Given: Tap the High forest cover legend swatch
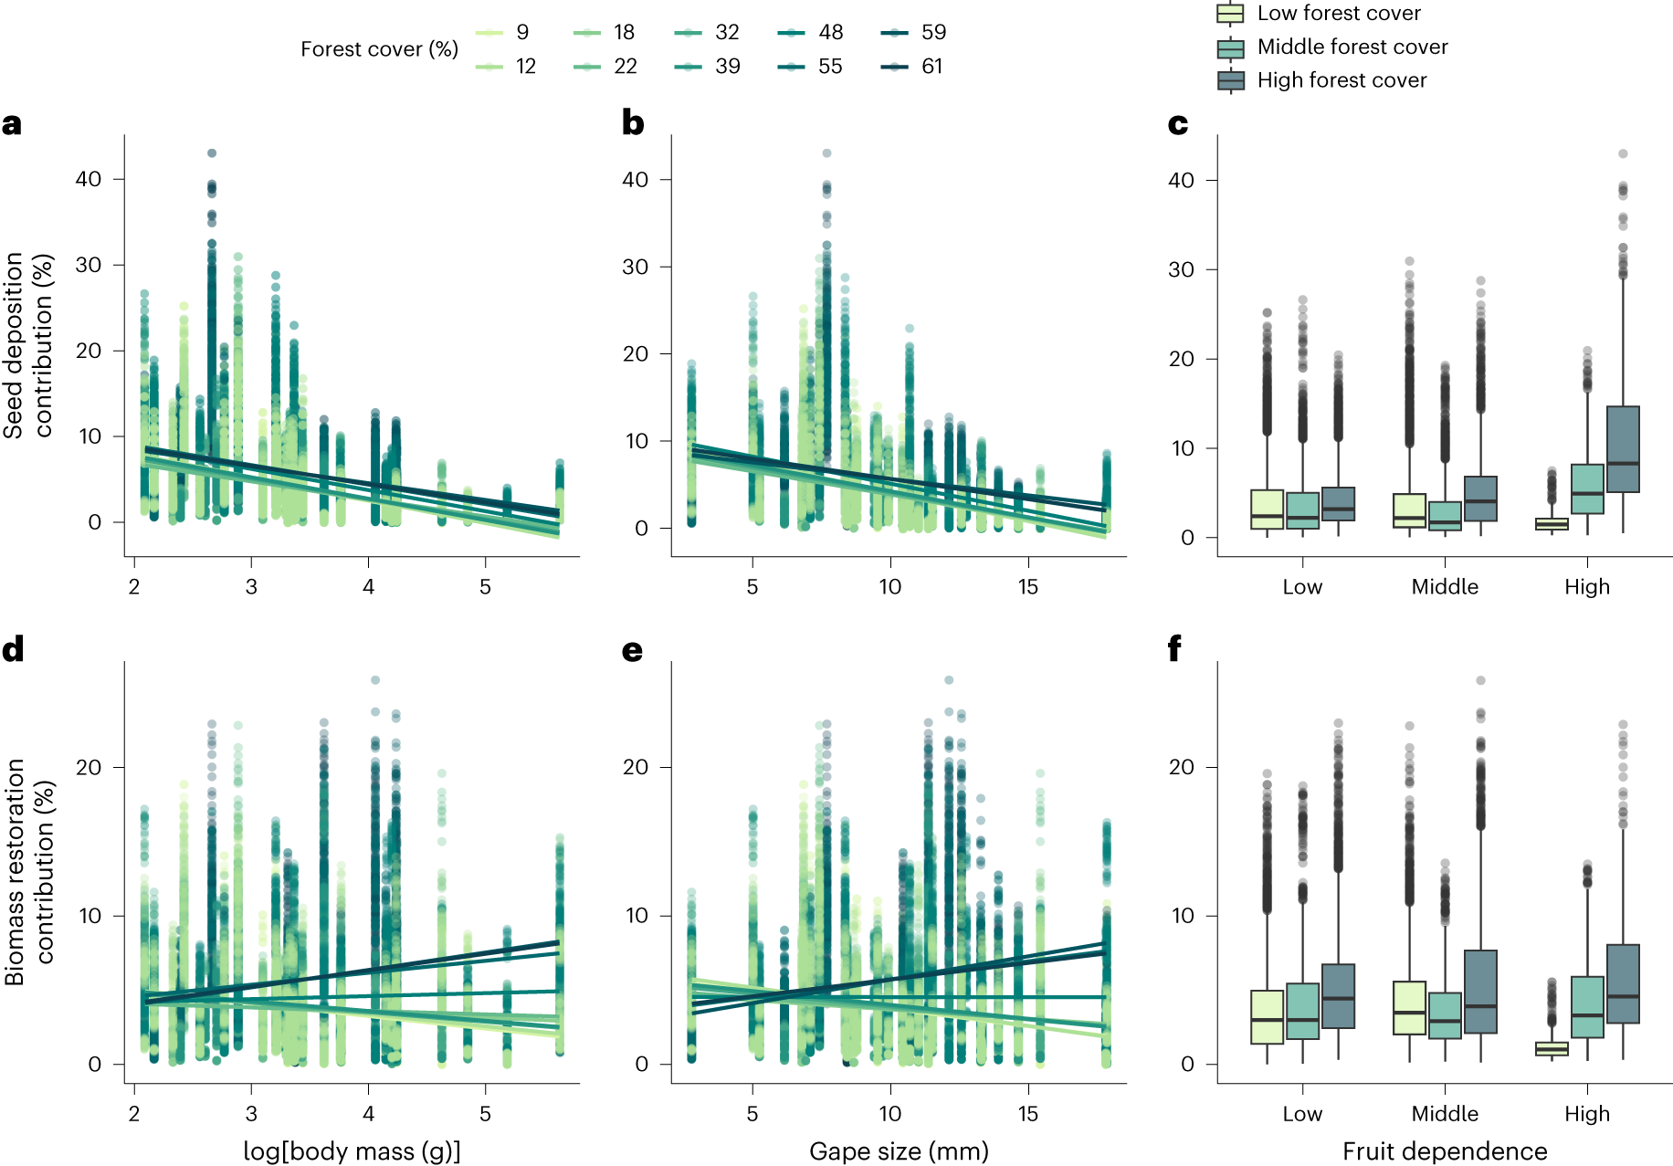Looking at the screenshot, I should point(1231,80).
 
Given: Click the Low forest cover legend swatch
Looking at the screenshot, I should point(1231,14).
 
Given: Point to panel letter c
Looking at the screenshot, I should point(1178,123).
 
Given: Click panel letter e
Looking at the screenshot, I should point(632,650).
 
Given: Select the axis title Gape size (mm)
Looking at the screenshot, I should point(899,1150).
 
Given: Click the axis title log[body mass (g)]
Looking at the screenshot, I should point(352,1150).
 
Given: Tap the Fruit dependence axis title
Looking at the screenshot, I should point(1445,1150).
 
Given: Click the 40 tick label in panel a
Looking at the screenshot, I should point(89,179).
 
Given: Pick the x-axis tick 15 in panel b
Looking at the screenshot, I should point(1028,586).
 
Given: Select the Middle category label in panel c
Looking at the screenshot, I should point(1445,586).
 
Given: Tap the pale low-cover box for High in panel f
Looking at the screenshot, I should point(1552,1048).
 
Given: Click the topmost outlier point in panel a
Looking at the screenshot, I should point(212,153).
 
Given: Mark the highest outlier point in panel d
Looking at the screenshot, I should point(375,680).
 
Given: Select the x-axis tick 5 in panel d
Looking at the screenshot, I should point(485,1113).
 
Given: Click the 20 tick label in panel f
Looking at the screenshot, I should point(1181,767).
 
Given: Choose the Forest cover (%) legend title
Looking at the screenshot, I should point(379,49).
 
